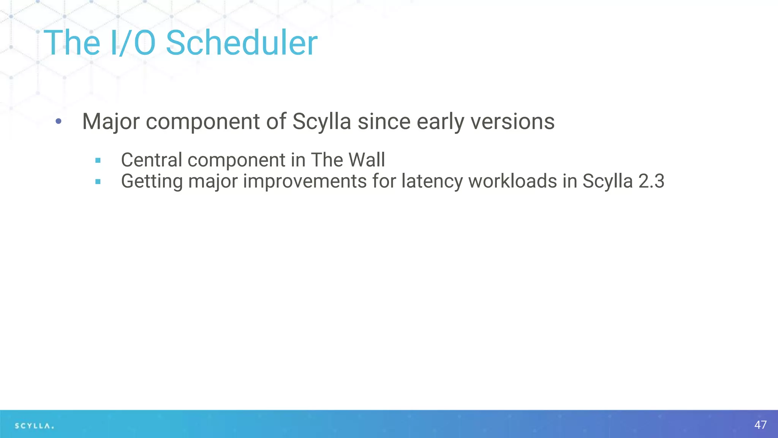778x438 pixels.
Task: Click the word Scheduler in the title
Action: (x=242, y=43)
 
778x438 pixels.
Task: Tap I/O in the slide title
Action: (x=133, y=43)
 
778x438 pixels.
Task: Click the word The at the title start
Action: (x=72, y=43)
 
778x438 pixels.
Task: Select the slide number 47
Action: (x=760, y=425)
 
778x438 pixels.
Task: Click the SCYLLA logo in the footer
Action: (x=34, y=426)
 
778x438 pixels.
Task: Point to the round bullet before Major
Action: (x=58, y=122)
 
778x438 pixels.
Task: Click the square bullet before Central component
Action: (x=98, y=160)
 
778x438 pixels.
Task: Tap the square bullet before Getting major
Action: (x=98, y=182)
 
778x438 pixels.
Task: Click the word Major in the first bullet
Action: (x=111, y=122)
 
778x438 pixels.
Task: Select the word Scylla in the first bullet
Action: (x=321, y=122)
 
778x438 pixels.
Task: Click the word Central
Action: (x=152, y=160)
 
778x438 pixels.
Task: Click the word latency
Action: (x=432, y=181)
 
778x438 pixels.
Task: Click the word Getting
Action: (x=152, y=181)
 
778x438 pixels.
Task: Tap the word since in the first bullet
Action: (x=384, y=122)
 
